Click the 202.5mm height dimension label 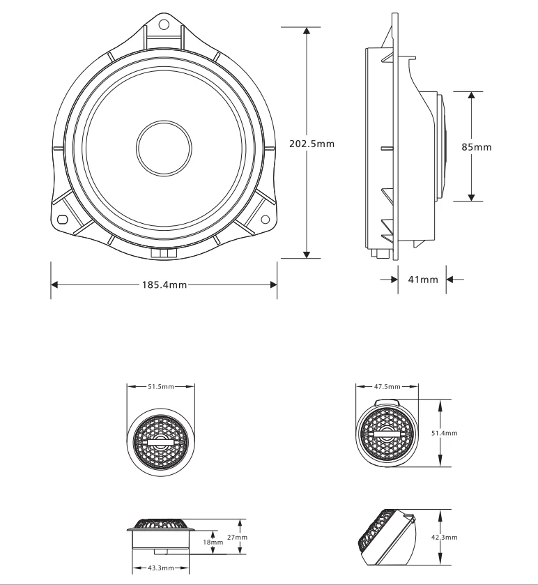[312, 144]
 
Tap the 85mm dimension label [477, 147]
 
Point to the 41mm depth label [423, 280]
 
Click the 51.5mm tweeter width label [160, 386]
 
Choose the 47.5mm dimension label [387, 386]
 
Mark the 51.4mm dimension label [444, 433]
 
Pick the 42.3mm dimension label [444, 537]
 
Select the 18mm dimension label [214, 541]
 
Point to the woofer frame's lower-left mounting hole [63, 220]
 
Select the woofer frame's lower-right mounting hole [265, 220]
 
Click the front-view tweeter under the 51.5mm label [160, 439]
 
